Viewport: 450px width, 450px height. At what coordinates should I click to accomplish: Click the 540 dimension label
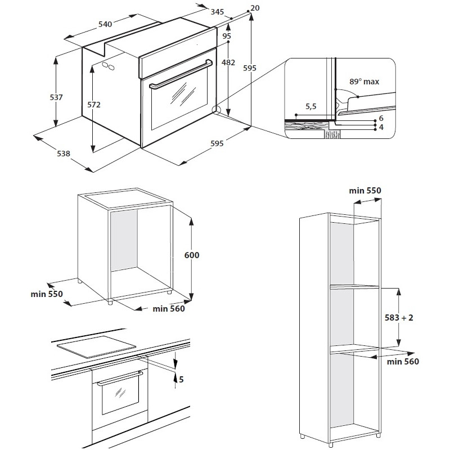[x=105, y=24]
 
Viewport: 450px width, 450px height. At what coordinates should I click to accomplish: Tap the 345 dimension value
[x=217, y=12]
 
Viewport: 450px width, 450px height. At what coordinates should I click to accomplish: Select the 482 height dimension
[x=228, y=62]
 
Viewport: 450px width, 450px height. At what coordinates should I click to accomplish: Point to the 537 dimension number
[x=56, y=97]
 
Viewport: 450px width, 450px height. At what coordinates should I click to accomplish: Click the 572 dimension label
[x=94, y=105]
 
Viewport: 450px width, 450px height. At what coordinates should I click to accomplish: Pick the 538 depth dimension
[x=64, y=154]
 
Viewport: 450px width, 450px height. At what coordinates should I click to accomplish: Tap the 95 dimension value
[x=227, y=36]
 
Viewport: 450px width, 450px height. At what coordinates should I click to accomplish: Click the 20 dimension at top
[x=255, y=8]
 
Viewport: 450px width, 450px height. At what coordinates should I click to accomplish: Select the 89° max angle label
[x=364, y=82]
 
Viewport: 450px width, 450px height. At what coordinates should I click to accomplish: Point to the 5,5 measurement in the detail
[x=311, y=106]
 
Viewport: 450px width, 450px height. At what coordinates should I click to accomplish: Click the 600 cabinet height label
[x=192, y=255]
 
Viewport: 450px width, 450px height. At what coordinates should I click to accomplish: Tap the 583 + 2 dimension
[x=399, y=317]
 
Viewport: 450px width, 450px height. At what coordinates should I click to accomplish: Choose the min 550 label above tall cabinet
[x=365, y=191]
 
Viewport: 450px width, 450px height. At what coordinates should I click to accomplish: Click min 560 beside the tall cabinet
[x=403, y=361]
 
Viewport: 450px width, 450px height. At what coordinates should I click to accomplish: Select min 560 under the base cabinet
[x=169, y=308]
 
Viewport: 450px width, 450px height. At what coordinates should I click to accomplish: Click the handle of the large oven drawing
[x=181, y=74]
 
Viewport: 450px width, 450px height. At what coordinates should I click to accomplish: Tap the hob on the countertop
[x=96, y=346]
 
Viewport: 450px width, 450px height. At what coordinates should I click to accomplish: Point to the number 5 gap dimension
[x=181, y=379]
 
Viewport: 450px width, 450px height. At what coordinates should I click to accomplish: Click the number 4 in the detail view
[x=381, y=127]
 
